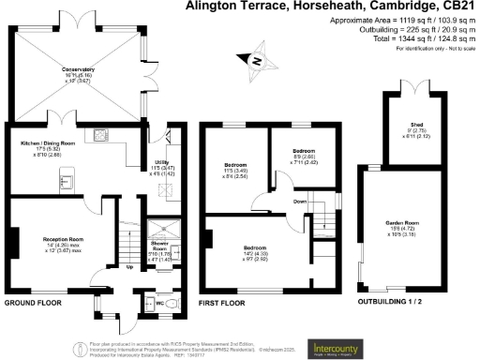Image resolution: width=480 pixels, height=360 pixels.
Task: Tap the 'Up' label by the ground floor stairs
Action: point(128,267)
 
